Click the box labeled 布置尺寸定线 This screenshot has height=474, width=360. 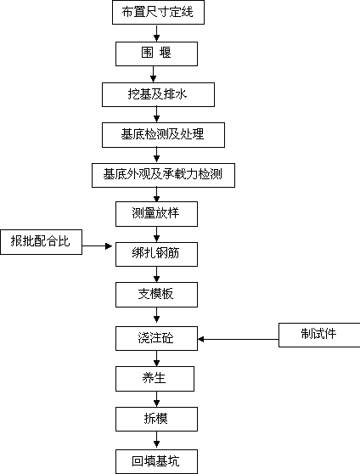coord(158,12)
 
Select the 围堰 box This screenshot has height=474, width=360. coord(156,54)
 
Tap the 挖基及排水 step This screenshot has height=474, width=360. coord(158,94)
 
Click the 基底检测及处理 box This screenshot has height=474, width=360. coord(163,135)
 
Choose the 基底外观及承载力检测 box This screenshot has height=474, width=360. coord(163,175)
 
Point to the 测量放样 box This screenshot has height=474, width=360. coord(156,214)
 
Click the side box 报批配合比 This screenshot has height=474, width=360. coord(41,242)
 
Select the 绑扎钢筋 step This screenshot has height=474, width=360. coord(156,254)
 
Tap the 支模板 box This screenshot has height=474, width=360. coord(156,295)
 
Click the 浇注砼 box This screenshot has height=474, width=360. coord(156,338)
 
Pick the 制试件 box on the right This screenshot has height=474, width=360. coord(319,335)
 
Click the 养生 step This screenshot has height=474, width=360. coord(155,379)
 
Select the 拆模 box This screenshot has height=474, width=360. coord(156,419)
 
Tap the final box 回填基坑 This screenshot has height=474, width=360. coord(156,461)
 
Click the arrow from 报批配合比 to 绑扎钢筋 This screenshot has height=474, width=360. coord(97,246)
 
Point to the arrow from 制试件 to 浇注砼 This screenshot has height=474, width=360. coord(239,339)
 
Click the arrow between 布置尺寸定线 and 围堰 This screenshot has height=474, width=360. coord(156,33)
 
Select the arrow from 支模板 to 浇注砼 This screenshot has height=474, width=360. coord(156,317)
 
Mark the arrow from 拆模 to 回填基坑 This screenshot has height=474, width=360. coord(156,440)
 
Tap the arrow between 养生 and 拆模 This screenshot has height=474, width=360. coord(156,399)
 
